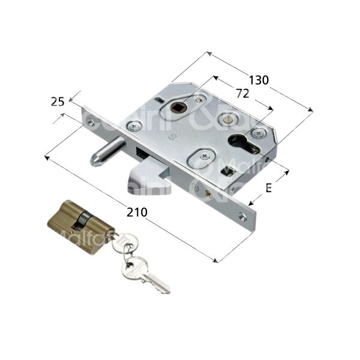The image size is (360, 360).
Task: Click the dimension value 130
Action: click(259, 80)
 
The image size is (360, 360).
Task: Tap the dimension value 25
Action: click(58, 103)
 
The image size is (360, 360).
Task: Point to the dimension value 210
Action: click(136, 212)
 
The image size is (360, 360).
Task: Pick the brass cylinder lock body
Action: click(78, 220)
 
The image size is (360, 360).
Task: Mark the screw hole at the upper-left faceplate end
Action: click(91, 122)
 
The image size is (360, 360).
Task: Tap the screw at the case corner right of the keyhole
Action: click(259, 133)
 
